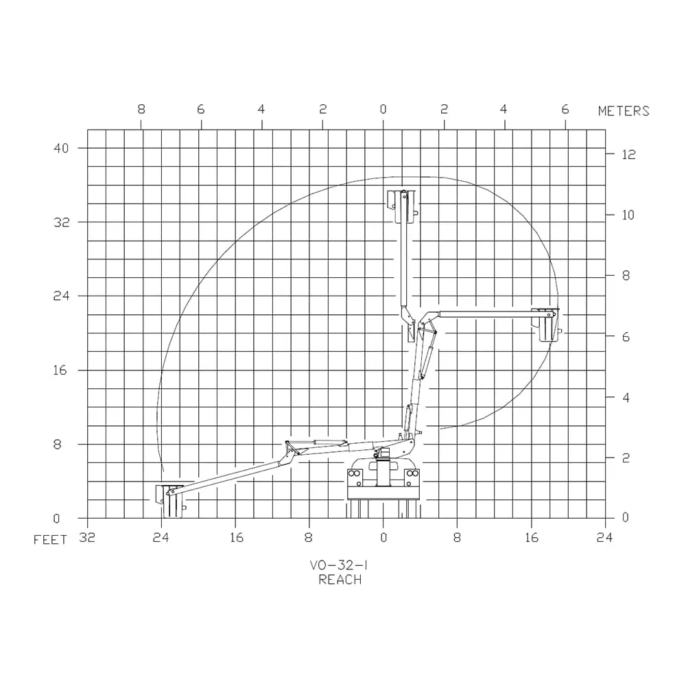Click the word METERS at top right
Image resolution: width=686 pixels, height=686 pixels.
[x=624, y=111]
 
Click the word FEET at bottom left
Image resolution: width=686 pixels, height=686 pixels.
[x=50, y=540]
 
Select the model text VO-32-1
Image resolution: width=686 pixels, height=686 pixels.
[x=339, y=565]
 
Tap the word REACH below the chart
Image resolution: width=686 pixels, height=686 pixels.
[x=340, y=580]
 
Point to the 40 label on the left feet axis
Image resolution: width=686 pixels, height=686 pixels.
[x=61, y=148]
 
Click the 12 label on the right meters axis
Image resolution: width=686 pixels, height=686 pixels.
[x=628, y=154]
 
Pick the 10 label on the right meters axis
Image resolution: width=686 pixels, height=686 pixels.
[x=628, y=215]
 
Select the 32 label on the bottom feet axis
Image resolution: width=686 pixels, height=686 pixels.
[x=87, y=537]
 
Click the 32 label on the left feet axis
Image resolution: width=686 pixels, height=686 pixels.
[x=62, y=222]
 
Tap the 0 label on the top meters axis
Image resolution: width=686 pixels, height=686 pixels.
[x=383, y=109]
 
